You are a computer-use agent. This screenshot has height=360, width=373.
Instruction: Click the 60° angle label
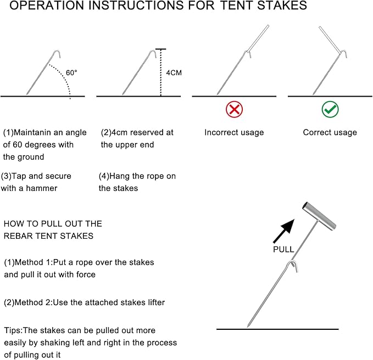click(x=71, y=72)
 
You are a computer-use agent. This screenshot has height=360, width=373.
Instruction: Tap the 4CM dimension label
click(x=175, y=72)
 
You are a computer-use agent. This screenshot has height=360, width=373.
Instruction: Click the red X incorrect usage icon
click(x=234, y=109)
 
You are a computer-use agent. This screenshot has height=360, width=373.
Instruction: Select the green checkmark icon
click(x=330, y=109)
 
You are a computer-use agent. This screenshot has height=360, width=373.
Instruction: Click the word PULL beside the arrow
click(x=283, y=249)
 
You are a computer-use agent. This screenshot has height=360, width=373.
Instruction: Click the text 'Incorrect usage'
click(x=234, y=132)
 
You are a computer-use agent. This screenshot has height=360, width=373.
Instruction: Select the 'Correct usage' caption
click(x=330, y=132)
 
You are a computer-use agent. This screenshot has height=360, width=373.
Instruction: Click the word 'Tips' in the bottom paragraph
click(x=13, y=330)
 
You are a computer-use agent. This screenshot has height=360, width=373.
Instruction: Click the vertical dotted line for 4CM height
click(x=160, y=74)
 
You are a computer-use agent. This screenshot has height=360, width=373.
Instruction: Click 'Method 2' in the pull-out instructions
click(x=31, y=302)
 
